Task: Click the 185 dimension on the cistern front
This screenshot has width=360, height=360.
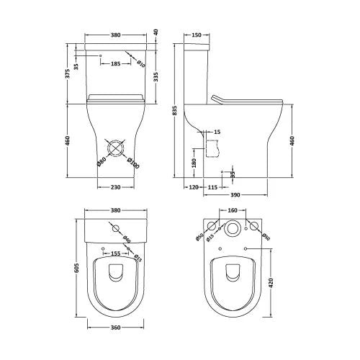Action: click(116, 64)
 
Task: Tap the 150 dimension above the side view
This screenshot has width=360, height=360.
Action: click(197, 34)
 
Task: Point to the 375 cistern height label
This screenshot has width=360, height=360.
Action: click(67, 72)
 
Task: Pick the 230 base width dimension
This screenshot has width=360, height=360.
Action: click(116, 187)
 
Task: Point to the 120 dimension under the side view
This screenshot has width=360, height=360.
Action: click(192, 187)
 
